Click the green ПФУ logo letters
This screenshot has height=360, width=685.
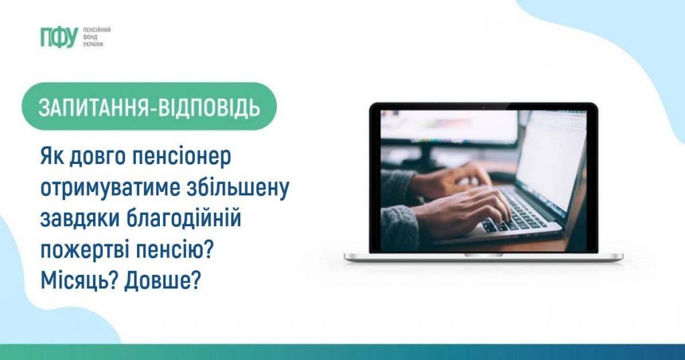pyautogui.click(x=59, y=38)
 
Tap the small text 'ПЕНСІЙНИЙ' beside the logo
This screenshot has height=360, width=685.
pyautogui.click(x=96, y=31)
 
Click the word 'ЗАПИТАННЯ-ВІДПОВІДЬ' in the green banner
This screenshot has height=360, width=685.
pyautogui.click(x=149, y=107)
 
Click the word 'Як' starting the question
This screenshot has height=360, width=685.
pyautogui.click(x=50, y=158)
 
